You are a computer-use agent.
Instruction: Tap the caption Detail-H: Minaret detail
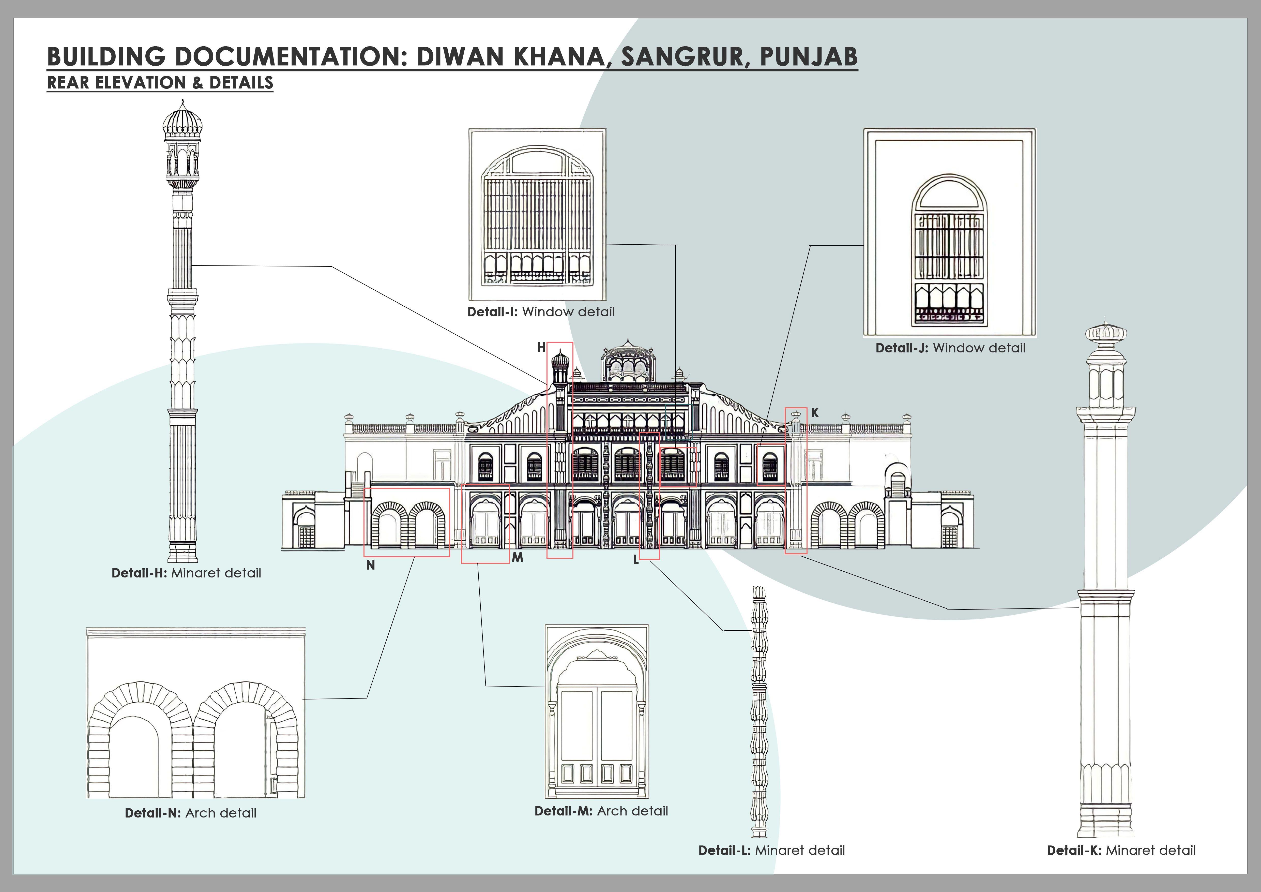pyautogui.click(x=186, y=573)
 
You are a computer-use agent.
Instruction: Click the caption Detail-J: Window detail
pyautogui.click(x=950, y=348)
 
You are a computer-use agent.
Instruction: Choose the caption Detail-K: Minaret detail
pyautogui.click(x=1121, y=850)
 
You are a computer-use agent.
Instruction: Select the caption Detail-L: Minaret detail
pyautogui.click(x=771, y=850)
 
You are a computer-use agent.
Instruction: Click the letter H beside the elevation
pyautogui.click(x=541, y=347)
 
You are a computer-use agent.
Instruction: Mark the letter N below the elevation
pyautogui.click(x=371, y=565)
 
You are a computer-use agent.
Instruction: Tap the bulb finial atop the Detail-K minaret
pyautogui.click(x=1106, y=333)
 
